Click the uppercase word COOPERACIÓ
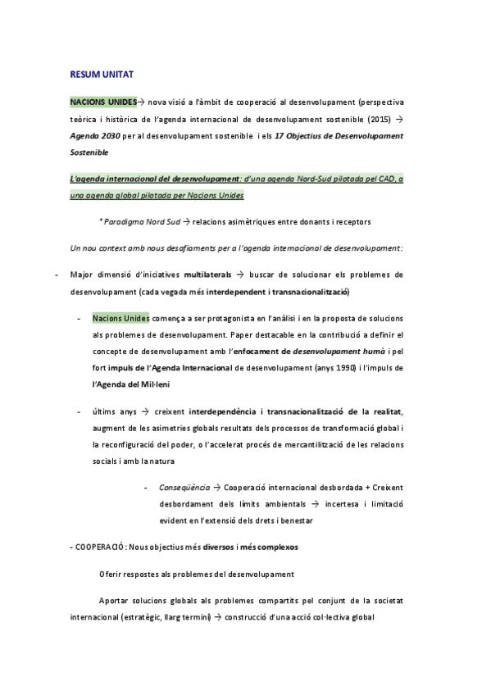[x=101, y=546]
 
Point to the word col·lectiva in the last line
[x=316, y=617]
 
